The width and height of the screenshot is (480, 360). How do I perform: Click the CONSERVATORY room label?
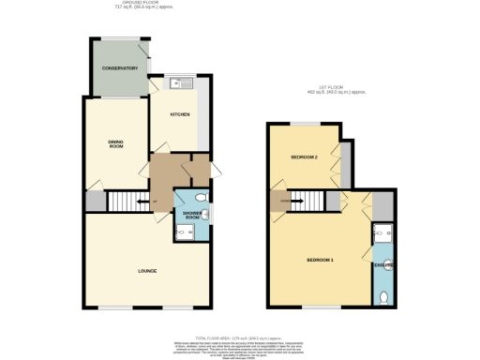pyautogui.click(x=119, y=68)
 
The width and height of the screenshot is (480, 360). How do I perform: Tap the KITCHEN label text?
pyautogui.click(x=179, y=114)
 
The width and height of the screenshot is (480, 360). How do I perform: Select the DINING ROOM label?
pyautogui.click(x=115, y=143)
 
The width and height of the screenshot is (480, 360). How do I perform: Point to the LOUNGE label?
pyautogui.click(x=146, y=271)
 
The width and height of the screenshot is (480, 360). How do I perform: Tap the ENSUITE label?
pyautogui.click(x=384, y=266)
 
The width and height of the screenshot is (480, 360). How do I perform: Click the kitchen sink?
pyautogui.click(x=183, y=82)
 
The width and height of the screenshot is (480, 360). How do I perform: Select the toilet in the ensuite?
pyautogui.click(x=385, y=296)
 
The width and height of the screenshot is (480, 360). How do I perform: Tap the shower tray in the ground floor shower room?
pyautogui.click(x=184, y=232)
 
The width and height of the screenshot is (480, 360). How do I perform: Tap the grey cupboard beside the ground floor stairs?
pyautogui.click(x=95, y=202)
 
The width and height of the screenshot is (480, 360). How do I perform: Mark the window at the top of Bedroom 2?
pyautogui.click(x=305, y=123)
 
